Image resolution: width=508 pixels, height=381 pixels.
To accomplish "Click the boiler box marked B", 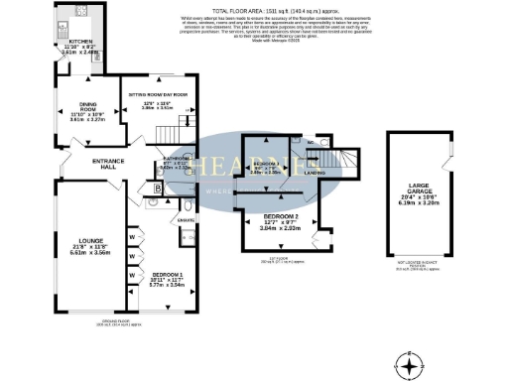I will point(159,186).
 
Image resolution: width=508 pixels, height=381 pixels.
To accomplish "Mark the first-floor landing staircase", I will point(346,160).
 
